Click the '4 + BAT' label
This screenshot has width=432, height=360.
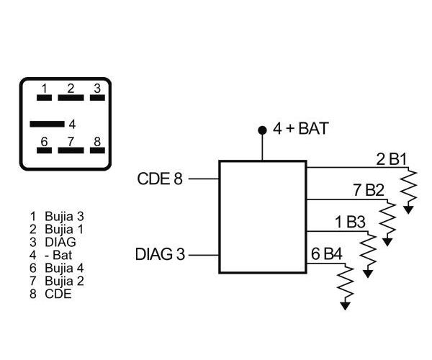click(x=301, y=130)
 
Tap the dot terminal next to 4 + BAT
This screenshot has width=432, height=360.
click(x=262, y=131)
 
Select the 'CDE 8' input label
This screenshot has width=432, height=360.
click(x=159, y=179)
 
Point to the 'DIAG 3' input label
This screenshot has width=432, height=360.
click(x=160, y=254)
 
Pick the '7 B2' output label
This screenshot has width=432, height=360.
click(x=368, y=191)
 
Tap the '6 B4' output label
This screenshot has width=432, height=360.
click(x=327, y=254)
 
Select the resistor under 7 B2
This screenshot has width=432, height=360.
click(x=388, y=219)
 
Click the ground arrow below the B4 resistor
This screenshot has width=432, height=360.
click(x=346, y=305)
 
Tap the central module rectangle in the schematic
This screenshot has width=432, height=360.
click(x=262, y=217)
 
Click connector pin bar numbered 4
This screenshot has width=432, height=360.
click(x=48, y=124)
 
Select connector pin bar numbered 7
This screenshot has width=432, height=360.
click(x=71, y=150)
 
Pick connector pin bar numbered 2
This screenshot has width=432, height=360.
click(x=71, y=97)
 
